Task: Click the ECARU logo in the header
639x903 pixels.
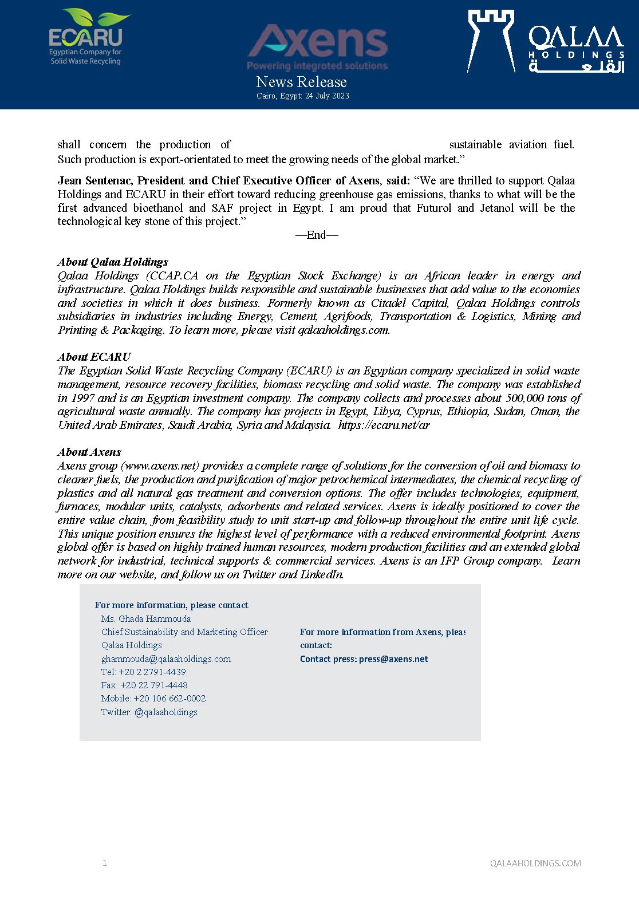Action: (x=86, y=37)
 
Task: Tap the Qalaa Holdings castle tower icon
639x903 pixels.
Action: (x=491, y=40)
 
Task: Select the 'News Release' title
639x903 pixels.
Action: (x=301, y=82)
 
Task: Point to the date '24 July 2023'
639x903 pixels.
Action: (x=327, y=96)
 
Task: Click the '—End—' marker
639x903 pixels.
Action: (x=317, y=235)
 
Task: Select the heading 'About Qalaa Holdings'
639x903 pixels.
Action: (x=113, y=262)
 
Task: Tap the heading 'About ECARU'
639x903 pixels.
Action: (x=94, y=357)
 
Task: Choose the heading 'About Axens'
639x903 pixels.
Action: (x=89, y=452)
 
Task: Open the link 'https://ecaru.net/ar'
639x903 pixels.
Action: (x=384, y=425)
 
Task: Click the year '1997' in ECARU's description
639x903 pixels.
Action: (x=82, y=399)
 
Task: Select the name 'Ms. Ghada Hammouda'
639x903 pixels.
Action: (x=146, y=619)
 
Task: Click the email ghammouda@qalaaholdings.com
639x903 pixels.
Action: (x=166, y=659)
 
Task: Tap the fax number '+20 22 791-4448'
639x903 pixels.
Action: (x=154, y=685)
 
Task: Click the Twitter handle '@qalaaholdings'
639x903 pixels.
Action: (x=166, y=712)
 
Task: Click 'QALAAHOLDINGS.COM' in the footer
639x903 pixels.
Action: (x=535, y=863)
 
